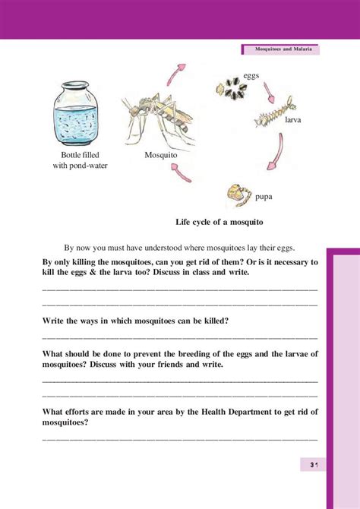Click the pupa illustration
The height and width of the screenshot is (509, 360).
pos(238,195)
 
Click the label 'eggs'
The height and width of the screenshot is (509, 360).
pos(252,75)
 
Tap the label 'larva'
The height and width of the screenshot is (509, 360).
pos(294,120)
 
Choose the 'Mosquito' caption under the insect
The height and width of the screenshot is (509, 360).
pos(160,154)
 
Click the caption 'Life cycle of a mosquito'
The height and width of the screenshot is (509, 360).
pos(219,221)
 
